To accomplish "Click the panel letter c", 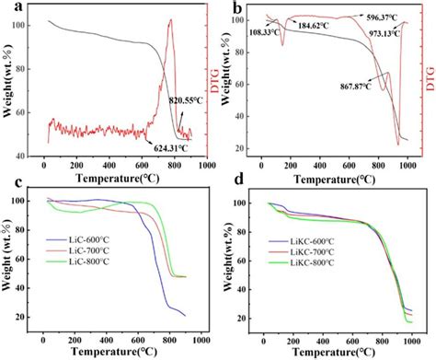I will [12, 184].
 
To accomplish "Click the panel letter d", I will [237, 184].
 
